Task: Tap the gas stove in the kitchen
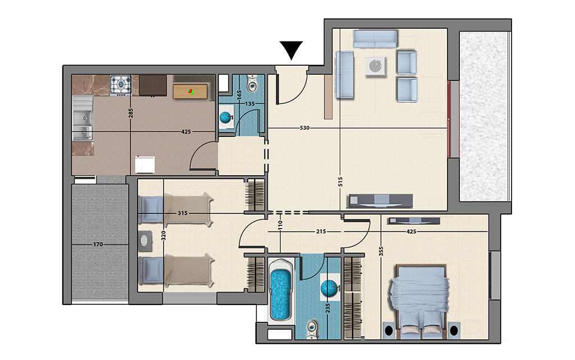click(x=121, y=86)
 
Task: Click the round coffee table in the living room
click(x=376, y=67)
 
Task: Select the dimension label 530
click(x=304, y=128)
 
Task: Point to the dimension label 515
click(x=340, y=182)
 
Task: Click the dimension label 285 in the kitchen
click(x=131, y=113)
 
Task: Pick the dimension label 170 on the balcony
click(x=98, y=244)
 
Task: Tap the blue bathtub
click(x=281, y=290)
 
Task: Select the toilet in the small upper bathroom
click(x=252, y=84)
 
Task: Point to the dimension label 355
click(x=381, y=251)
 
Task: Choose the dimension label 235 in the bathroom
click(x=327, y=308)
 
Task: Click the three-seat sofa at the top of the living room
click(x=375, y=39)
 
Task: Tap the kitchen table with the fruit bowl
click(x=190, y=92)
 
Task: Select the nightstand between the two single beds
click(x=145, y=241)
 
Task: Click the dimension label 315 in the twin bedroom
click(x=182, y=213)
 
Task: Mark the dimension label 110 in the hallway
click(x=280, y=225)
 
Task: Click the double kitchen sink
click(x=83, y=118)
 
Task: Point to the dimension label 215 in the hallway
click(x=321, y=232)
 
